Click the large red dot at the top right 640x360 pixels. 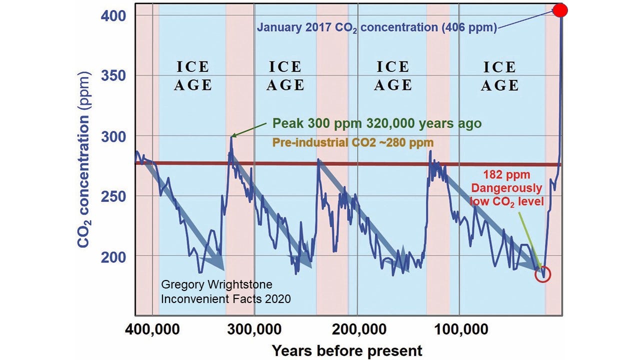[x=560, y=10]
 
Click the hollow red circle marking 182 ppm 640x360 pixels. [x=542, y=274]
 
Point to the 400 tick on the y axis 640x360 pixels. [x=115, y=16]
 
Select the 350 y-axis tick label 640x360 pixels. [x=115, y=76]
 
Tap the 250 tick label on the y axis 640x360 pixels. [x=115, y=196]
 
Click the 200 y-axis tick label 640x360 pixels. [x=115, y=256]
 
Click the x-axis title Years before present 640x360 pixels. [x=347, y=350]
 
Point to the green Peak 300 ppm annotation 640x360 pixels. [x=377, y=123]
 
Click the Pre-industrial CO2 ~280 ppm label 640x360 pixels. [x=352, y=142]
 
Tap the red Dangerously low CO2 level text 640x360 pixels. [x=506, y=194]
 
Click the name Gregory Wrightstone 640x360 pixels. [x=216, y=285]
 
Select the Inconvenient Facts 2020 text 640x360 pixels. [x=225, y=299]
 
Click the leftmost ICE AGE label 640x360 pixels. [x=192, y=76]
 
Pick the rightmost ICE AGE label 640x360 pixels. [x=499, y=76]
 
